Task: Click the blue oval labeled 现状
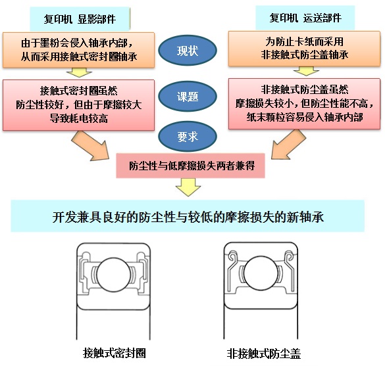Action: click(192, 50)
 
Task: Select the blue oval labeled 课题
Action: click(192, 96)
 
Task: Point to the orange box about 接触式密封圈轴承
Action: click(79, 50)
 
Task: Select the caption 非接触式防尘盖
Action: click(263, 352)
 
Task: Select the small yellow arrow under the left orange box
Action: click(79, 72)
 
